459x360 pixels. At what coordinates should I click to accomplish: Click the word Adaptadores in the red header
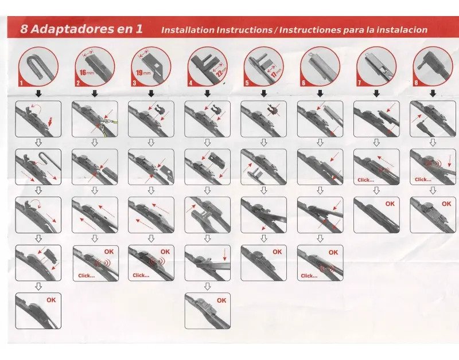click(72, 29)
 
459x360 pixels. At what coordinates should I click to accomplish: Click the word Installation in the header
click(188, 30)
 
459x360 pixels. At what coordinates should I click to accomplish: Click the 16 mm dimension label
click(87, 72)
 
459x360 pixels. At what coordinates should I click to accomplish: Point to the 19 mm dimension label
click(143, 73)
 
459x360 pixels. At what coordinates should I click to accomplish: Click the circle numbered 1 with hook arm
click(38, 67)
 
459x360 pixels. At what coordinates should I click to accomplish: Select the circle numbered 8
click(433, 66)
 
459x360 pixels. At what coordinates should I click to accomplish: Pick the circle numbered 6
click(320, 66)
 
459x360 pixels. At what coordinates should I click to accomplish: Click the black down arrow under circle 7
click(376, 93)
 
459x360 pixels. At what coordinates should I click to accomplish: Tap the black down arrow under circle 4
click(207, 93)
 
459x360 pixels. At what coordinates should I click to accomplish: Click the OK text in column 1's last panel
click(51, 300)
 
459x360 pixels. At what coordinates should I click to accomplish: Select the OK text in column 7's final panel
click(390, 204)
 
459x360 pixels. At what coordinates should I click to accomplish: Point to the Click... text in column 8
click(423, 179)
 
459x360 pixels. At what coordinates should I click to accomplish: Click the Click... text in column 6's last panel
click(309, 276)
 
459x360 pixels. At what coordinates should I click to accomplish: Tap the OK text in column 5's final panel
click(277, 252)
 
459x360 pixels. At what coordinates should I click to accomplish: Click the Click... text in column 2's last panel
click(87, 276)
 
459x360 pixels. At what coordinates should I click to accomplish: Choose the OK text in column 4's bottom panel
click(221, 300)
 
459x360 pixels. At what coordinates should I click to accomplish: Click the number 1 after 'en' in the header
click(139, 29)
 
